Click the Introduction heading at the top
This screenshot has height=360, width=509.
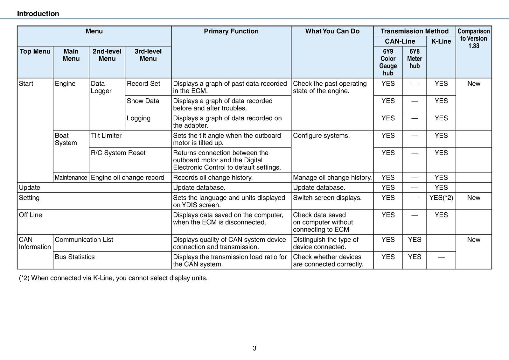pos(38,14)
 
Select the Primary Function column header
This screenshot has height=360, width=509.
pos(231,31)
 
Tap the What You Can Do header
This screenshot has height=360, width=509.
pos(332,31)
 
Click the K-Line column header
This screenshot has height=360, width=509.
pos(441,41)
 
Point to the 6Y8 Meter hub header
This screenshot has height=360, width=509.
pos(415,59)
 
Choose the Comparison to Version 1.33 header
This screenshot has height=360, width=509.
pos(474,39)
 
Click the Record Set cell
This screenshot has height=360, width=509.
pos(143,84)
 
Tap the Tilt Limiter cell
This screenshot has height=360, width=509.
pos(106,136)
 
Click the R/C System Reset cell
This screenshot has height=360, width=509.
pos(118,153)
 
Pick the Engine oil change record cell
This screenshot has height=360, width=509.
pos(128,178)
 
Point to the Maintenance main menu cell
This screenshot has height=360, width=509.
pos(71,178)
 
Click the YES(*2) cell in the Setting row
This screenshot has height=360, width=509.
pos(441,198)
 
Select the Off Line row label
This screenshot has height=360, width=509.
pos(31,215)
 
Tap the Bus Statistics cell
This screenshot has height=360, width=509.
pos(75,257)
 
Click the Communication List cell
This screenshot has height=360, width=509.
pos(84,240)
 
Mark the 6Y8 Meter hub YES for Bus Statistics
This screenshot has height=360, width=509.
pos(415,257)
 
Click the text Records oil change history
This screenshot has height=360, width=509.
pos(213,178)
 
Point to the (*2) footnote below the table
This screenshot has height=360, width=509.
pos(113,278)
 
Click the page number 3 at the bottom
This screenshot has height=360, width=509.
pos(254,348)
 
